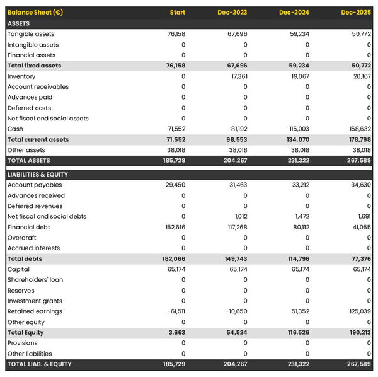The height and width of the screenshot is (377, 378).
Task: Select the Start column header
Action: pyautogui.click(x=178, y=13)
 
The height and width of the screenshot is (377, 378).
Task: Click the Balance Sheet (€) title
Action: pyautogui.click(x=35, y=13)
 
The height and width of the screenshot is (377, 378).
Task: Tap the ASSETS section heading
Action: pyautogui.click(x=19, y=23)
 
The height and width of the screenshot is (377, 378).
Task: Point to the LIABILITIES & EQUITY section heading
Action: pyautogui.click(x=38, y=175)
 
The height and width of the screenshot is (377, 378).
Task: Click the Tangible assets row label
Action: pyautogui.click(x=31, y=34)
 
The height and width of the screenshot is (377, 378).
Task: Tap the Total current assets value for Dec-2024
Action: pyautogui.click(x=298, y=139)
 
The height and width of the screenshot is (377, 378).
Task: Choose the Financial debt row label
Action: pyautogui.click(x=29, y=227)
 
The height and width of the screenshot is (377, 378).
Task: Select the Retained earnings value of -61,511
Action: pyautogui.click(x=176, y=311)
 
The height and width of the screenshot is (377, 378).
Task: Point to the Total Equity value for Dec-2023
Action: pyautogui.click(x=238, y=332)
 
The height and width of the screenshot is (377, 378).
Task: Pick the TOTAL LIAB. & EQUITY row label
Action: pyautogui.click(x=40, y=364)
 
